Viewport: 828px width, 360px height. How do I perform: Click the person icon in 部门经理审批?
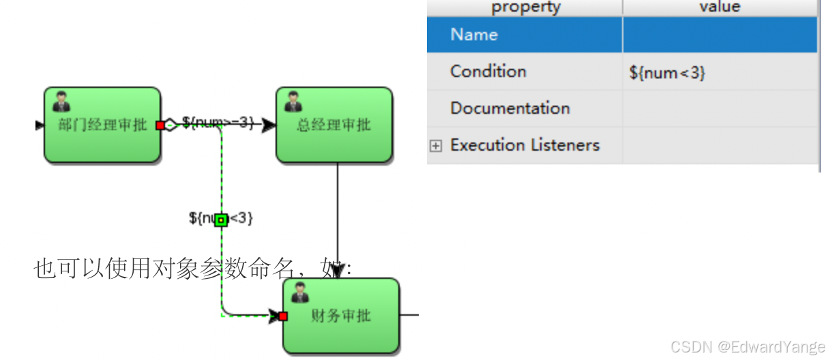pos(61,102)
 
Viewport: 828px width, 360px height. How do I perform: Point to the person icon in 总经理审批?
pos(293,102)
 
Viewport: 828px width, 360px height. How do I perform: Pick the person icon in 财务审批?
pos(300,292)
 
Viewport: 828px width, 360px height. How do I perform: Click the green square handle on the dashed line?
pos(220,220)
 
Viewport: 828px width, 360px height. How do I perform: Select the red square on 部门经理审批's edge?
pos(160,125)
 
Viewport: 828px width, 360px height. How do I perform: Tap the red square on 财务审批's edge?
pos(283,316)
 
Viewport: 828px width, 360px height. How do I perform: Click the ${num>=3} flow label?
pos(218,123)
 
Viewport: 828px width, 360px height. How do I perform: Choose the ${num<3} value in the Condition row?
pos(667,72)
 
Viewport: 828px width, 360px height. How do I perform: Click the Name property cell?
pos(474,35)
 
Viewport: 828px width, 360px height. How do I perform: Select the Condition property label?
pos(488,72)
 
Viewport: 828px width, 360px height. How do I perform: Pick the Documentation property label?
pos(509,108)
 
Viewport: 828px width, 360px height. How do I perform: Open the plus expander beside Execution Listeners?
pos(436,145)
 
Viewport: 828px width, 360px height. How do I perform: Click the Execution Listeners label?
pos(524,145)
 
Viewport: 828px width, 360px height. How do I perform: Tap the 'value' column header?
pos(720,7)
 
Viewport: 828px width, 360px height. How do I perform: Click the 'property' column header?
pos(525,7)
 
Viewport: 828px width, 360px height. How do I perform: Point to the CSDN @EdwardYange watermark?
pos(747,346)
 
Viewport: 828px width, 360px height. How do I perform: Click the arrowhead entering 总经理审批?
pos(269,125)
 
